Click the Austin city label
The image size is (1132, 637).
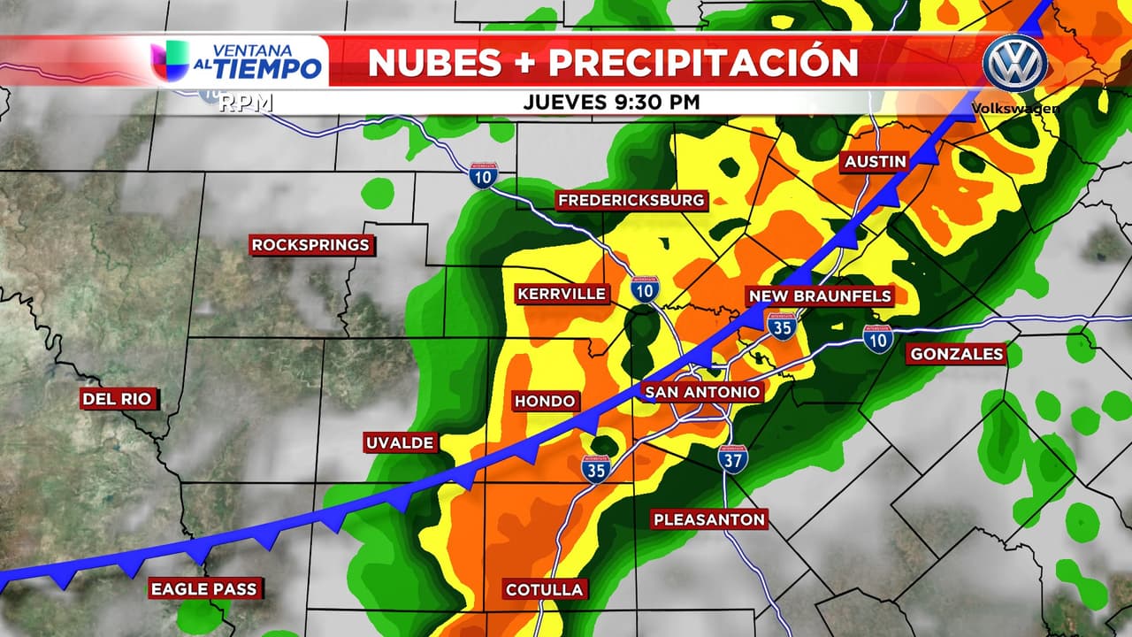(875, 161)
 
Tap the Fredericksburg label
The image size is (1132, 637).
(631, 201)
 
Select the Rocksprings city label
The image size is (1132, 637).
(310, 245)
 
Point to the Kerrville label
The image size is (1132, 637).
(562, 294)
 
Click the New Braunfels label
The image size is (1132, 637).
(819, 295)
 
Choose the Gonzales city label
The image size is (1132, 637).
(957, 354)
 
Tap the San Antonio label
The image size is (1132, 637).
(702, 392)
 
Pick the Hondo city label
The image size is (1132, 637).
(545, 401)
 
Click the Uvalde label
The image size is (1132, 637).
(401, 442)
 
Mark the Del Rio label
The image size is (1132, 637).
(117, 399)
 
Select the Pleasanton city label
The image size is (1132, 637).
(709, 519)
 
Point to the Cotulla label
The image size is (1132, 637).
(544, 589)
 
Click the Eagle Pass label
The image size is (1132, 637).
(203, 588)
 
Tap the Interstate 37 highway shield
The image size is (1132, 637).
(732, 458)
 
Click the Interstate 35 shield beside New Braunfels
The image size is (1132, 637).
(780, 326)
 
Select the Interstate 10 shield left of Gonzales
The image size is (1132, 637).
(878, 339)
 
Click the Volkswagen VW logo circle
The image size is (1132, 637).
(1015, 63)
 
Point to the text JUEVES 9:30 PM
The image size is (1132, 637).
(611, 102)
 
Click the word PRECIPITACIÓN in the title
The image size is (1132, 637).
(703, 63)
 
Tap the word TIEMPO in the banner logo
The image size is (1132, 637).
(265, 69)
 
